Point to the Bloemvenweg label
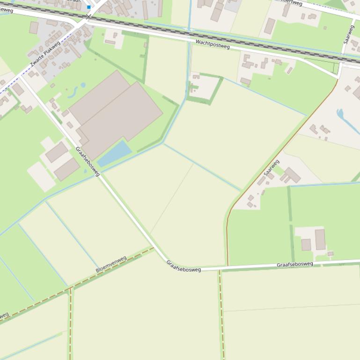click(x=111, y=264)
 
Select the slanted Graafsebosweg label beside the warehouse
click(x=88, y=161)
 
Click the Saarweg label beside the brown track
click(x=272, y=168)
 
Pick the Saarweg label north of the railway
click(x=349, y=34)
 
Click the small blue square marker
click(x=89, y=7)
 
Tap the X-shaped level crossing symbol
click(x=88, y=17)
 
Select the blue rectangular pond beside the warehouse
click(x=115, y=153)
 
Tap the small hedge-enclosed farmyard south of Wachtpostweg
click(x=204, y=87)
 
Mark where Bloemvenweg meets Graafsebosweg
click(x=154, y=248)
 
